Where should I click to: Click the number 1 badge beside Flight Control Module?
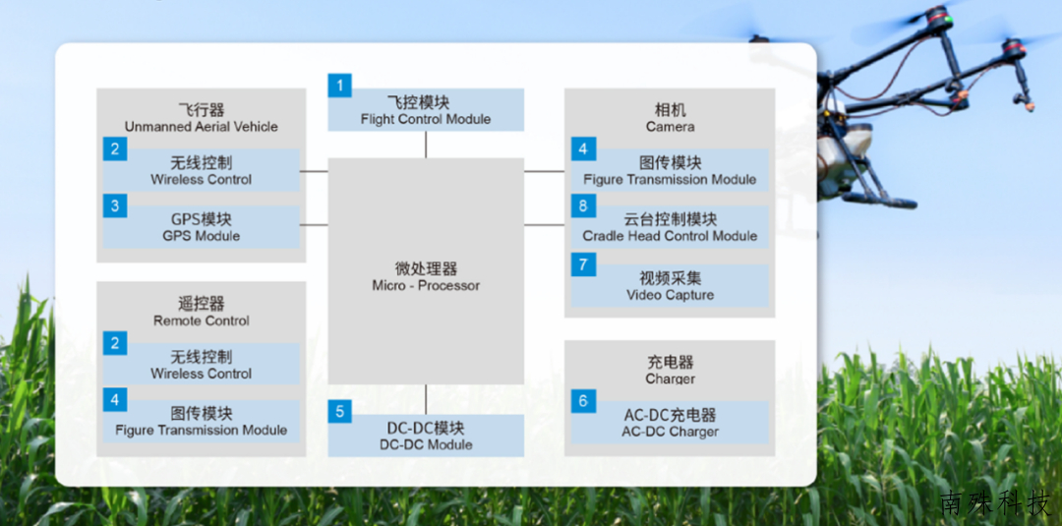pos(340,86)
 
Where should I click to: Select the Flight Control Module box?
pos(426,110)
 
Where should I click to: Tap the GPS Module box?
pos(202,227)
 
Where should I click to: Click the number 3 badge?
pos(114,205)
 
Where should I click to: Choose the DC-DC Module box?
pos(426,436)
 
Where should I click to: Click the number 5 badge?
pos(340,411)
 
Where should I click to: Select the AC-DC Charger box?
pos(670,423)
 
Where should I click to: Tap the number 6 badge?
pos(583,401)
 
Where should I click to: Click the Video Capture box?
pos(670,286)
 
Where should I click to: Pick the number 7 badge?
pos(583,264)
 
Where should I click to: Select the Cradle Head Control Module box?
pos(670,227)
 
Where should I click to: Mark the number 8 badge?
pos(583,205)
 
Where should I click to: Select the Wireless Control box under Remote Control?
pos(202,364)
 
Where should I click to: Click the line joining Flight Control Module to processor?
pos(426,145)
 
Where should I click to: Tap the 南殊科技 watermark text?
pos(994,504)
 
